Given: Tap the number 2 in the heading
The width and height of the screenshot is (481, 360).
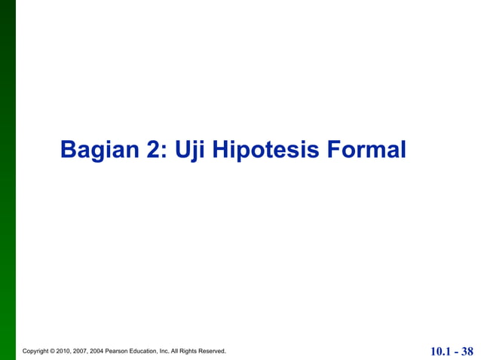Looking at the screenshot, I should pos(154,149).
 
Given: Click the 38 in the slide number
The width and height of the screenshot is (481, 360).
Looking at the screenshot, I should pos(467,351).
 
